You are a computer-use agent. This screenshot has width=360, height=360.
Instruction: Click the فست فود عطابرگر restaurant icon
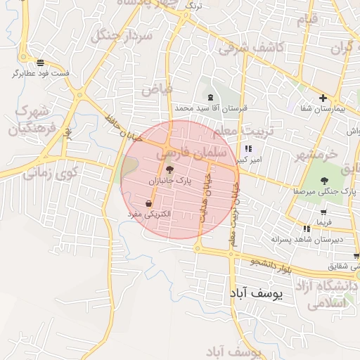[41, 62]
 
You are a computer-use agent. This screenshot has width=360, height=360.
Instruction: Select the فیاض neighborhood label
[157, 89]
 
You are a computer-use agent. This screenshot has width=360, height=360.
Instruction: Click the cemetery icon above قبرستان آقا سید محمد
[210, 97]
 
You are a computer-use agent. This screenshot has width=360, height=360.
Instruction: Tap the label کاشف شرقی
[250, 48]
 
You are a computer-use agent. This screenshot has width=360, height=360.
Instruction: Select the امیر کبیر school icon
[248, 149]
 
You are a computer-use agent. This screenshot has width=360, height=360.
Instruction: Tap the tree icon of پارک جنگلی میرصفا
[324, 181]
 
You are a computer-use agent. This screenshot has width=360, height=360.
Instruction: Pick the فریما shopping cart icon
[323, 212]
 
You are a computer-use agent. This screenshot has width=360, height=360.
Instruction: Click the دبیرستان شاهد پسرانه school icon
[307, 229]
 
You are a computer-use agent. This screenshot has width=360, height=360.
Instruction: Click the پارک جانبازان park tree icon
[168, 169]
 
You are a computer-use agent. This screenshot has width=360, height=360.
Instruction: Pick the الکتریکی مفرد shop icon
[148, 203]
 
